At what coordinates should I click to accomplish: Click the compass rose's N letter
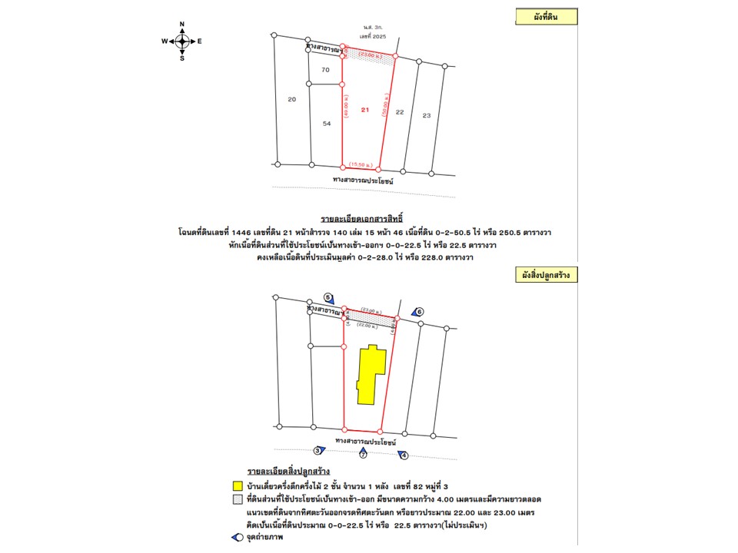[182, 25]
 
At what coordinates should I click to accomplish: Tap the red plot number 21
[365, 111]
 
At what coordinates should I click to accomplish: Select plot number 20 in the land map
[291, 100]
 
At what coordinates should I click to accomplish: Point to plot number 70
[325, 70]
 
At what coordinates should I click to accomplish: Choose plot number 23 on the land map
[427, 115]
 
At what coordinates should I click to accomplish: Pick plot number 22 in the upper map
[400, 112]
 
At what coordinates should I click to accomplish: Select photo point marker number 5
[328, 297]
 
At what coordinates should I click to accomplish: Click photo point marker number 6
[420, 311]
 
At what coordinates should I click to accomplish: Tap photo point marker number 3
[317, 451]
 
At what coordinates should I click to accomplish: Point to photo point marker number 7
[363, 455]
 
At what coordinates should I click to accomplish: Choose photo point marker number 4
[405, 455]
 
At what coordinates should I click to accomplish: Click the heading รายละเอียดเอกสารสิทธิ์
[361, 219]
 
